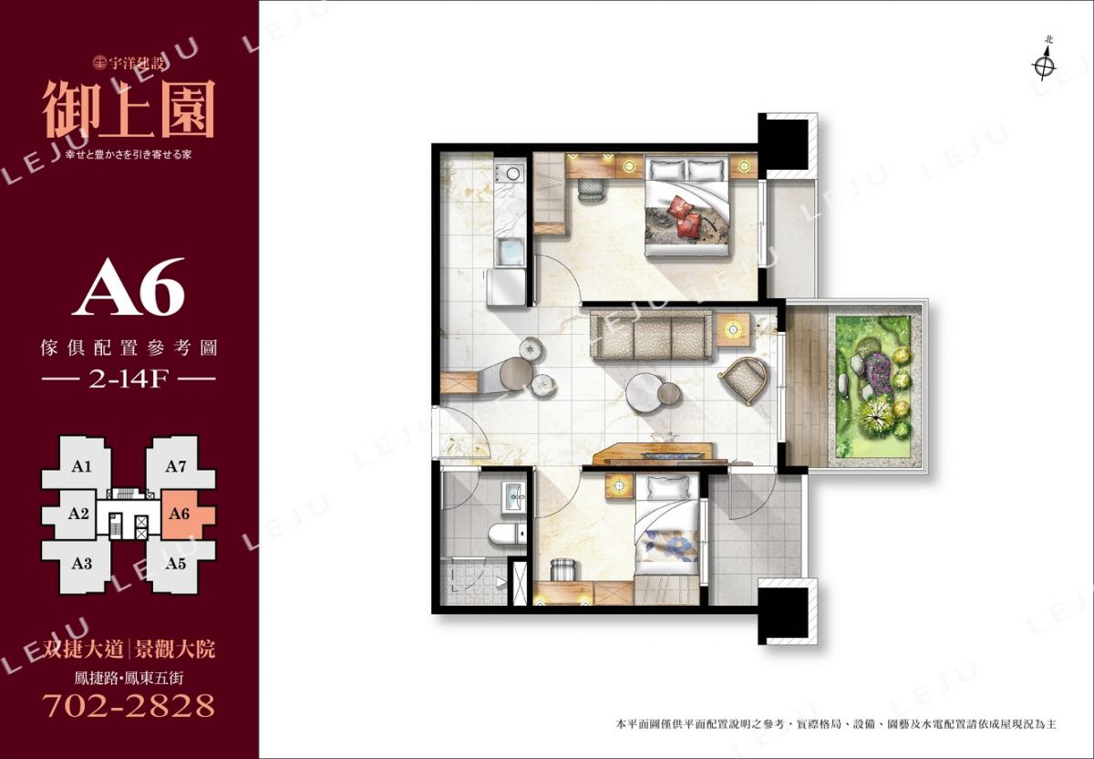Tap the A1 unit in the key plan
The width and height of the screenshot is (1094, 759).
(x=80, y=467)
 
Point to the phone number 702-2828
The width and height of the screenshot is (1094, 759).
(x=129, y=706)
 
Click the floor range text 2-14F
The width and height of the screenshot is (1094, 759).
(x=128, y=379)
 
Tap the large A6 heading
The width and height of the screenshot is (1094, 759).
(x=129, y=288)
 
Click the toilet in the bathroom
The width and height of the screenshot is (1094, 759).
(x=508, y=534)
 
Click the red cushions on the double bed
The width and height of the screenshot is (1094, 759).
(x=686, y=216)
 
